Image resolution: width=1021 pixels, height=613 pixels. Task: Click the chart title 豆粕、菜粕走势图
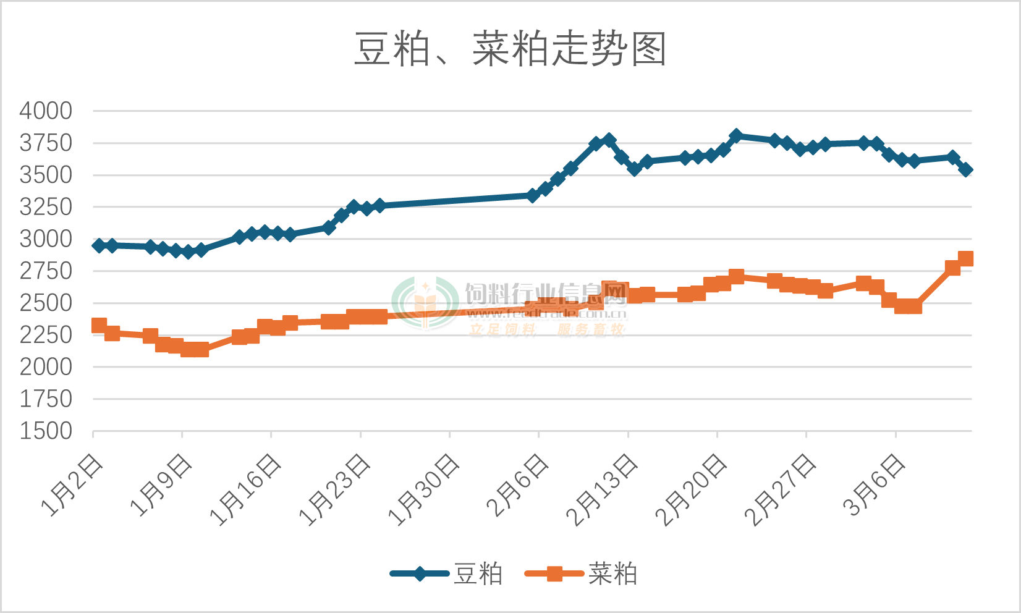click(510, 49)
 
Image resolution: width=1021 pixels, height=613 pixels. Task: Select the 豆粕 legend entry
click(477, 574)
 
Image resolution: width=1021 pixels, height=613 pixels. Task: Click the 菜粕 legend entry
click(612, 574)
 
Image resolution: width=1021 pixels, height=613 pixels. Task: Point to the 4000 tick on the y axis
click(46, 111)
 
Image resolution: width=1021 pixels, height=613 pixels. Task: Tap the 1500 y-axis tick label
click(46, 431)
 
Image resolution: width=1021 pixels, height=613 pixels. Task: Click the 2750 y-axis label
click(46, 271)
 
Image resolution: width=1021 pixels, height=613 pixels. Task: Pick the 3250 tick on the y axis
click(46, 207)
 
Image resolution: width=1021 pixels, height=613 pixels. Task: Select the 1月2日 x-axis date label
click(73, 485)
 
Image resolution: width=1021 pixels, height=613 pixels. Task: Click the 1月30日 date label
click(425, 490)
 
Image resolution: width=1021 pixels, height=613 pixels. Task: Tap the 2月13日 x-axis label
click(603, 490)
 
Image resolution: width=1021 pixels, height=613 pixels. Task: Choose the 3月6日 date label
click(875, 485)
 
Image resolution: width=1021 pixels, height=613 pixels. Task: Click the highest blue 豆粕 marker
click(735, 135)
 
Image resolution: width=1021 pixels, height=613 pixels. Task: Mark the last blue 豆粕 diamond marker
click(965, 169)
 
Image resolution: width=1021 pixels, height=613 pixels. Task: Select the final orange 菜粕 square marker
click(965, 258)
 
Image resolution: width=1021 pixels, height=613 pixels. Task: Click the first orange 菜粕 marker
click(99, 326)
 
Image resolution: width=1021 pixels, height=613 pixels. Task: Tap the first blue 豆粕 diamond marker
click(99, 245)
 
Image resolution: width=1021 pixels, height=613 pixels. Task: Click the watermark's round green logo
click(426, 303)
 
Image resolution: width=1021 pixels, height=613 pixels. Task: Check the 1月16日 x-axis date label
click(247, 490)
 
